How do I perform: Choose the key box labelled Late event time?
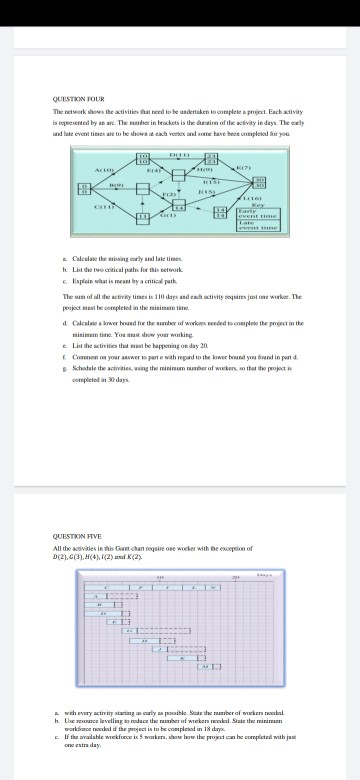coord(266,226)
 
